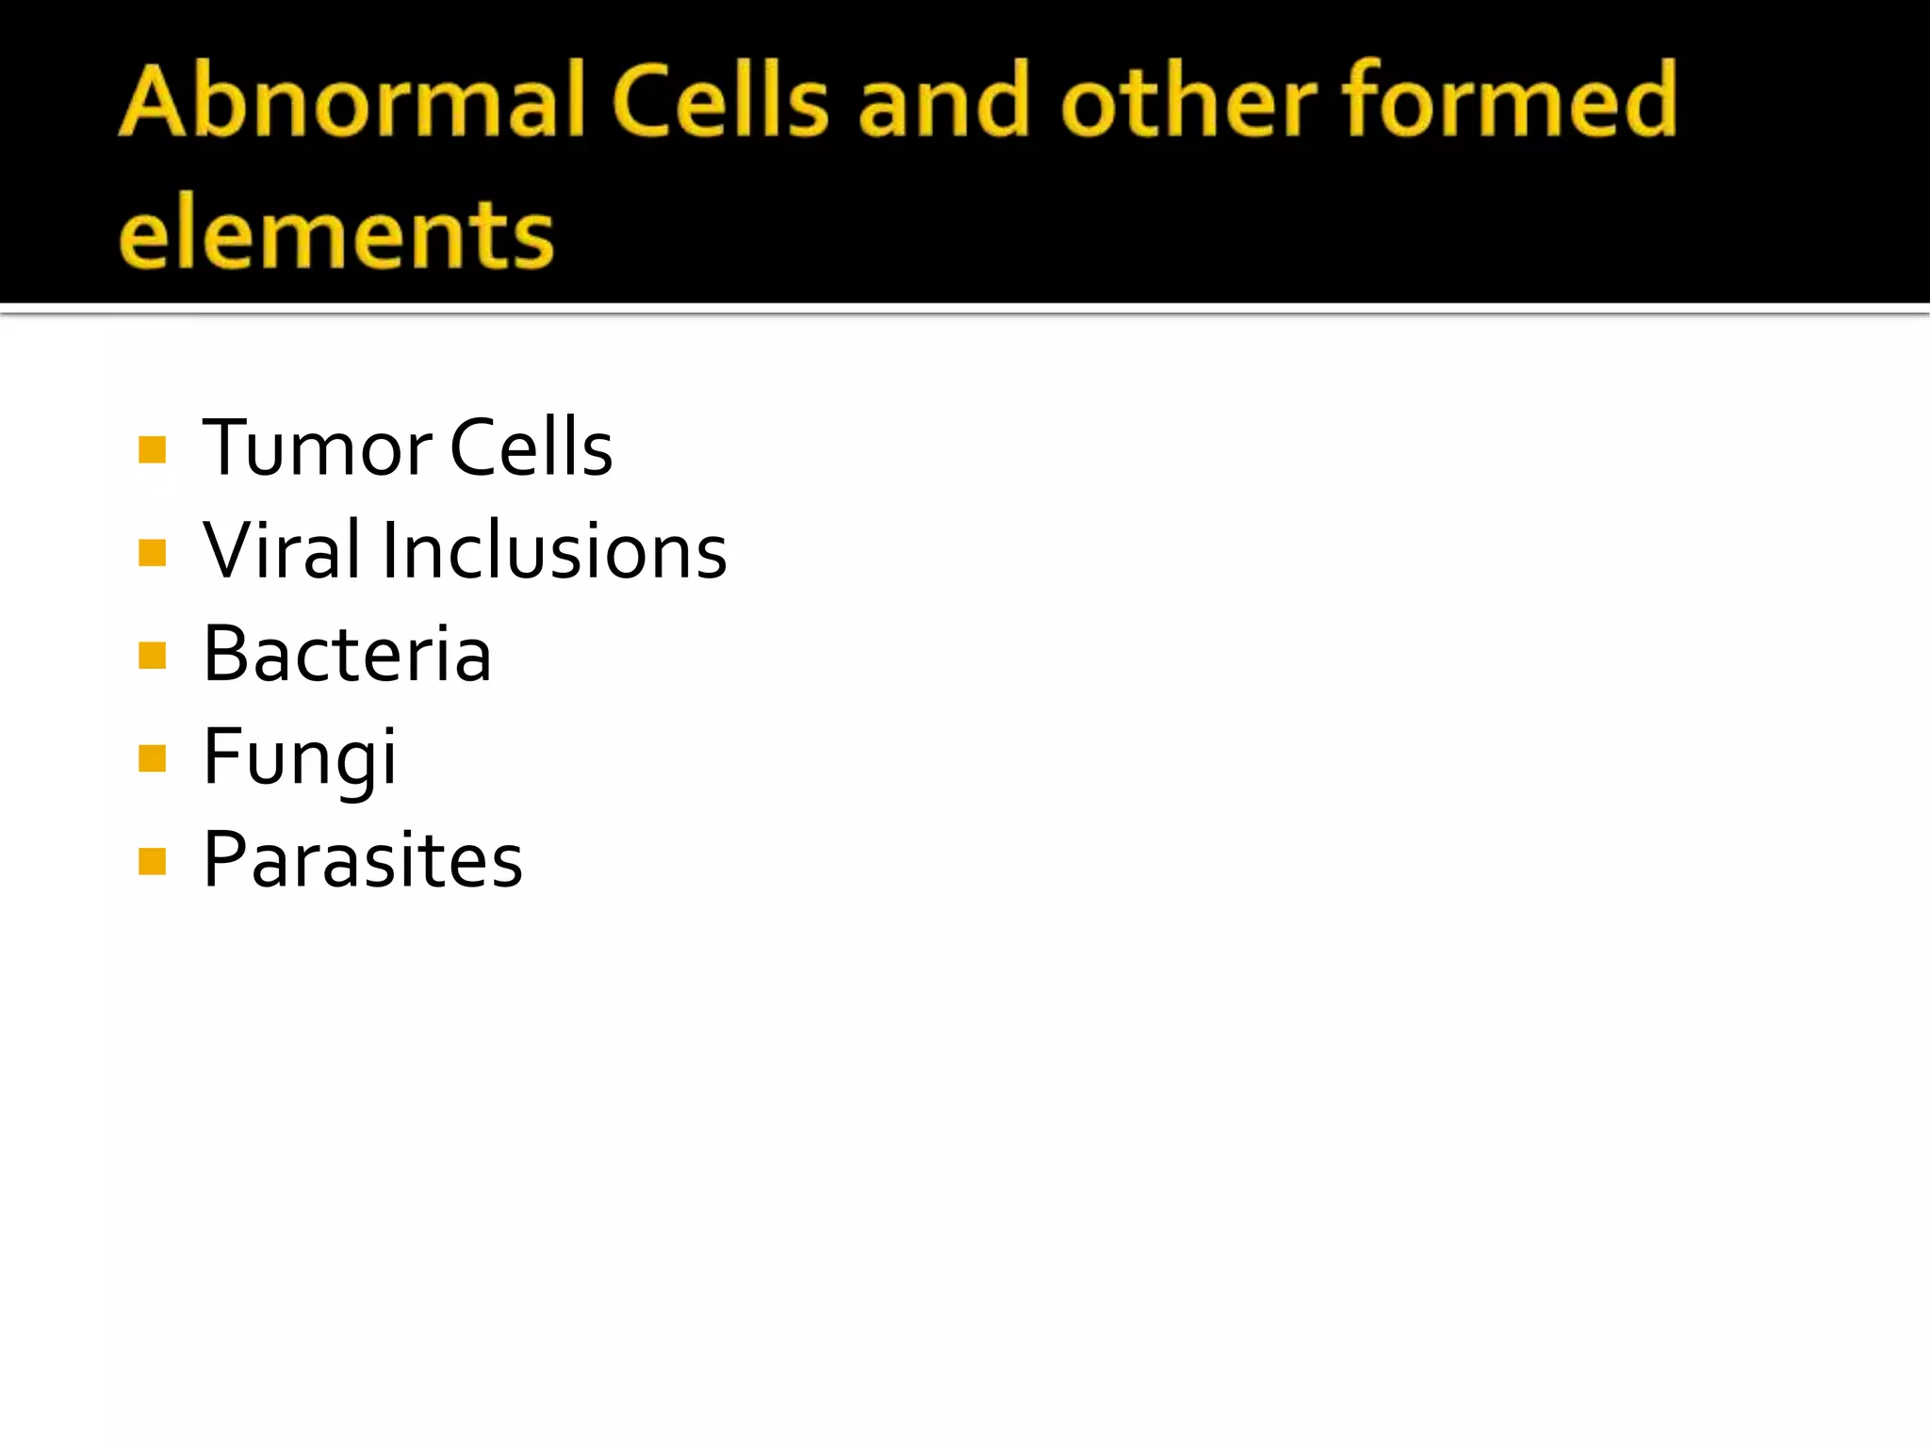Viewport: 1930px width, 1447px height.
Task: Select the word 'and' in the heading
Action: [945, 101]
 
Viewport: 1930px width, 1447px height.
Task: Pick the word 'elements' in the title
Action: [336, 234]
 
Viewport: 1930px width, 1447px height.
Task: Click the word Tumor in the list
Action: [317, 448]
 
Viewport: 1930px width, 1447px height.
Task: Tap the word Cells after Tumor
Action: [532, 447]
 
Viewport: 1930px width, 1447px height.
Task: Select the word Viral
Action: [282, 550]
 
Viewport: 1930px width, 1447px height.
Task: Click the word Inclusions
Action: [554, 550]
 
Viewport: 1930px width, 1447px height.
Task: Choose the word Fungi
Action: [300, 758]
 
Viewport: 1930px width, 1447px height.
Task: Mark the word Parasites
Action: [363, 860]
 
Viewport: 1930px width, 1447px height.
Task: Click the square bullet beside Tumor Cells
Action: [152, 449]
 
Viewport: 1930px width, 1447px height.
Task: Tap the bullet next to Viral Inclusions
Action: [152, 552]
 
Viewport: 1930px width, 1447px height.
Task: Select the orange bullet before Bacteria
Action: [152, 655]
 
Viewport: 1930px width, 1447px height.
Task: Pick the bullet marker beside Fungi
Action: [152, 758]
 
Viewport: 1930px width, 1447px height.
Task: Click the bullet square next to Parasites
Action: [152, 861]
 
